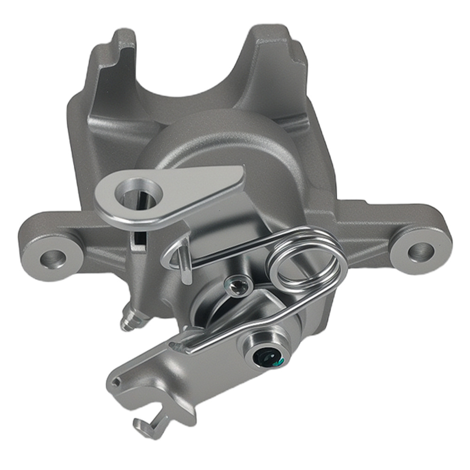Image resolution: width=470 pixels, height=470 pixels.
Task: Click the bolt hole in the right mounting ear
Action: click(420, 252)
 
